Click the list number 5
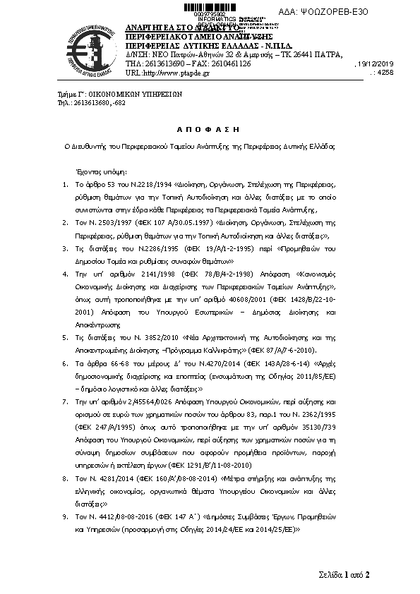coord(64,339)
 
